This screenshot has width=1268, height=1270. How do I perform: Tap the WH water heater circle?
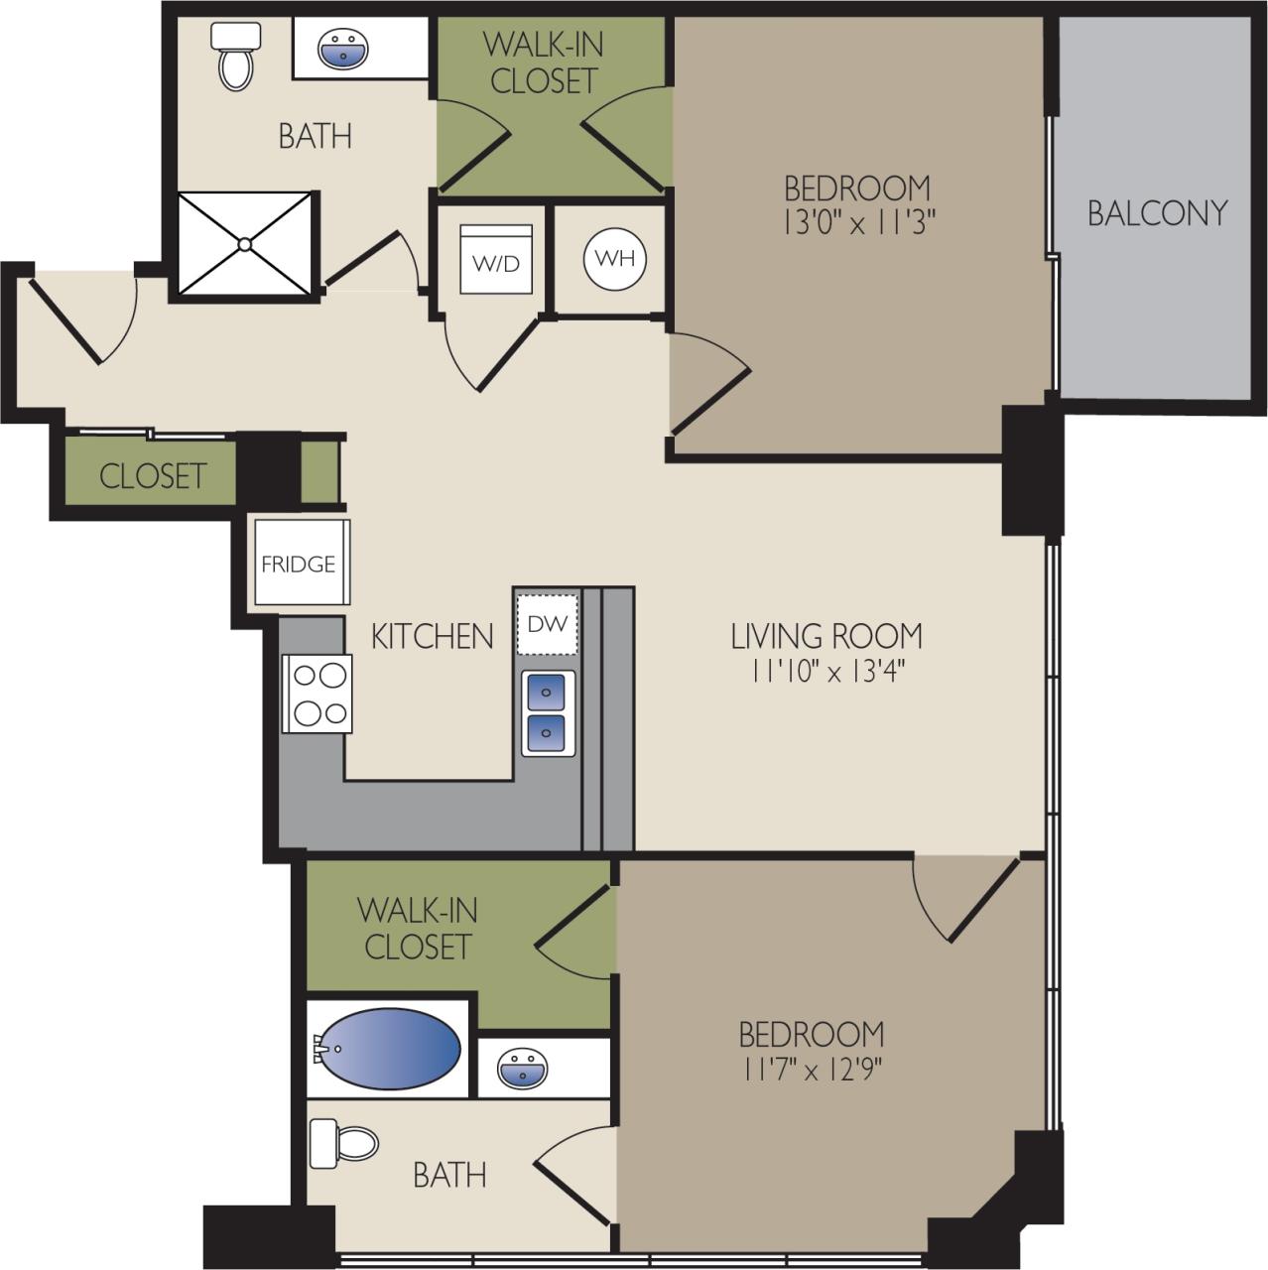tap(614, 259)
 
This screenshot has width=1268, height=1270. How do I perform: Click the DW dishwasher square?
tap(547, 624)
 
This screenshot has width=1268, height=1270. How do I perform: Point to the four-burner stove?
tap(317, 694)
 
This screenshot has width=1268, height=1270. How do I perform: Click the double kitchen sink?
tap(546, 711)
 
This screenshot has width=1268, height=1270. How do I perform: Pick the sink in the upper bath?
tap(343, 48)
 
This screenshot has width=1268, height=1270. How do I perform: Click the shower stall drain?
tap(244, 243)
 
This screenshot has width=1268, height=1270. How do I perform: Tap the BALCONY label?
tap(1157, 212)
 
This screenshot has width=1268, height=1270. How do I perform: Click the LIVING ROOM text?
tap(826, 635)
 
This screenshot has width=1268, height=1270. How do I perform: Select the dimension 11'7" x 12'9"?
tap(811, 1070)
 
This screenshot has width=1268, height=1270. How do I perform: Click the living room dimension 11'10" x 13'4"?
tap(826, 672)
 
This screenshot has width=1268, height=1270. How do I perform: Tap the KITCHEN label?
tap(432, 636)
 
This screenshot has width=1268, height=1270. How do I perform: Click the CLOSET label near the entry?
tap(153, 475)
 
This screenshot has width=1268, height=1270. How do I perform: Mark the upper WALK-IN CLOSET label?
tap(543, 62)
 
